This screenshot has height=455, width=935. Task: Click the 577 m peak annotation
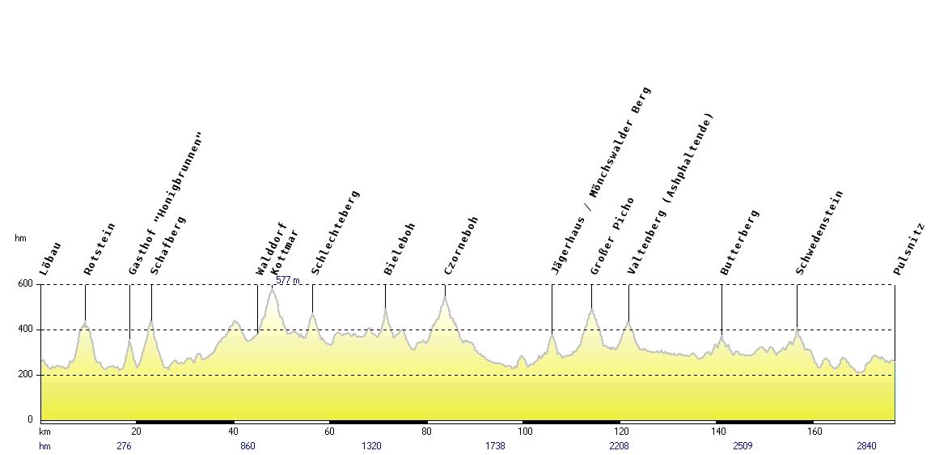point(288,280)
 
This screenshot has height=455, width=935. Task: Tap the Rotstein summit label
point(99,249)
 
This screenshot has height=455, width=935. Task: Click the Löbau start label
point(50,259)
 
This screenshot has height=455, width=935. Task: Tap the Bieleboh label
point(400,249)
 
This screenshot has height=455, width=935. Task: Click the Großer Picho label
point(612,236)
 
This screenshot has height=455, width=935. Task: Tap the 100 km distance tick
point(526,432)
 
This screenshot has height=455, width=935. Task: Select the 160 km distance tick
point(814,432)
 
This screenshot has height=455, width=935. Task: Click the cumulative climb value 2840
point(866,446)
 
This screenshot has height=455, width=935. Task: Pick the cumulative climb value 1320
point(371,446)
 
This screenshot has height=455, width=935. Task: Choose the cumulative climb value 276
point(124,446)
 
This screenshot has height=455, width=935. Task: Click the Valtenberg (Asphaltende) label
point(672,194)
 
